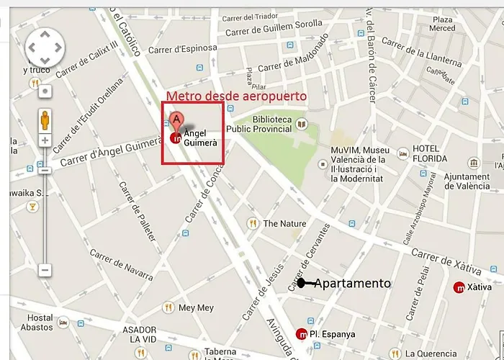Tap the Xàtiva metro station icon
(x=459, y=287)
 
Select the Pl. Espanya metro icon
(x=301, y=333)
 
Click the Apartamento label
(x=352, y=283)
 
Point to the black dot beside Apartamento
(x=301, y=283)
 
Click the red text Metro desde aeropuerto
(x=236, y=96)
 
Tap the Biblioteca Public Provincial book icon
(x=302, y=127)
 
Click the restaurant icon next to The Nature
(x=252, y=223)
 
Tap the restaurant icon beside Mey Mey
(x=167, y=307)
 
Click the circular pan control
(x=45, y=48)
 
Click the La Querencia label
(x=431, y=354)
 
